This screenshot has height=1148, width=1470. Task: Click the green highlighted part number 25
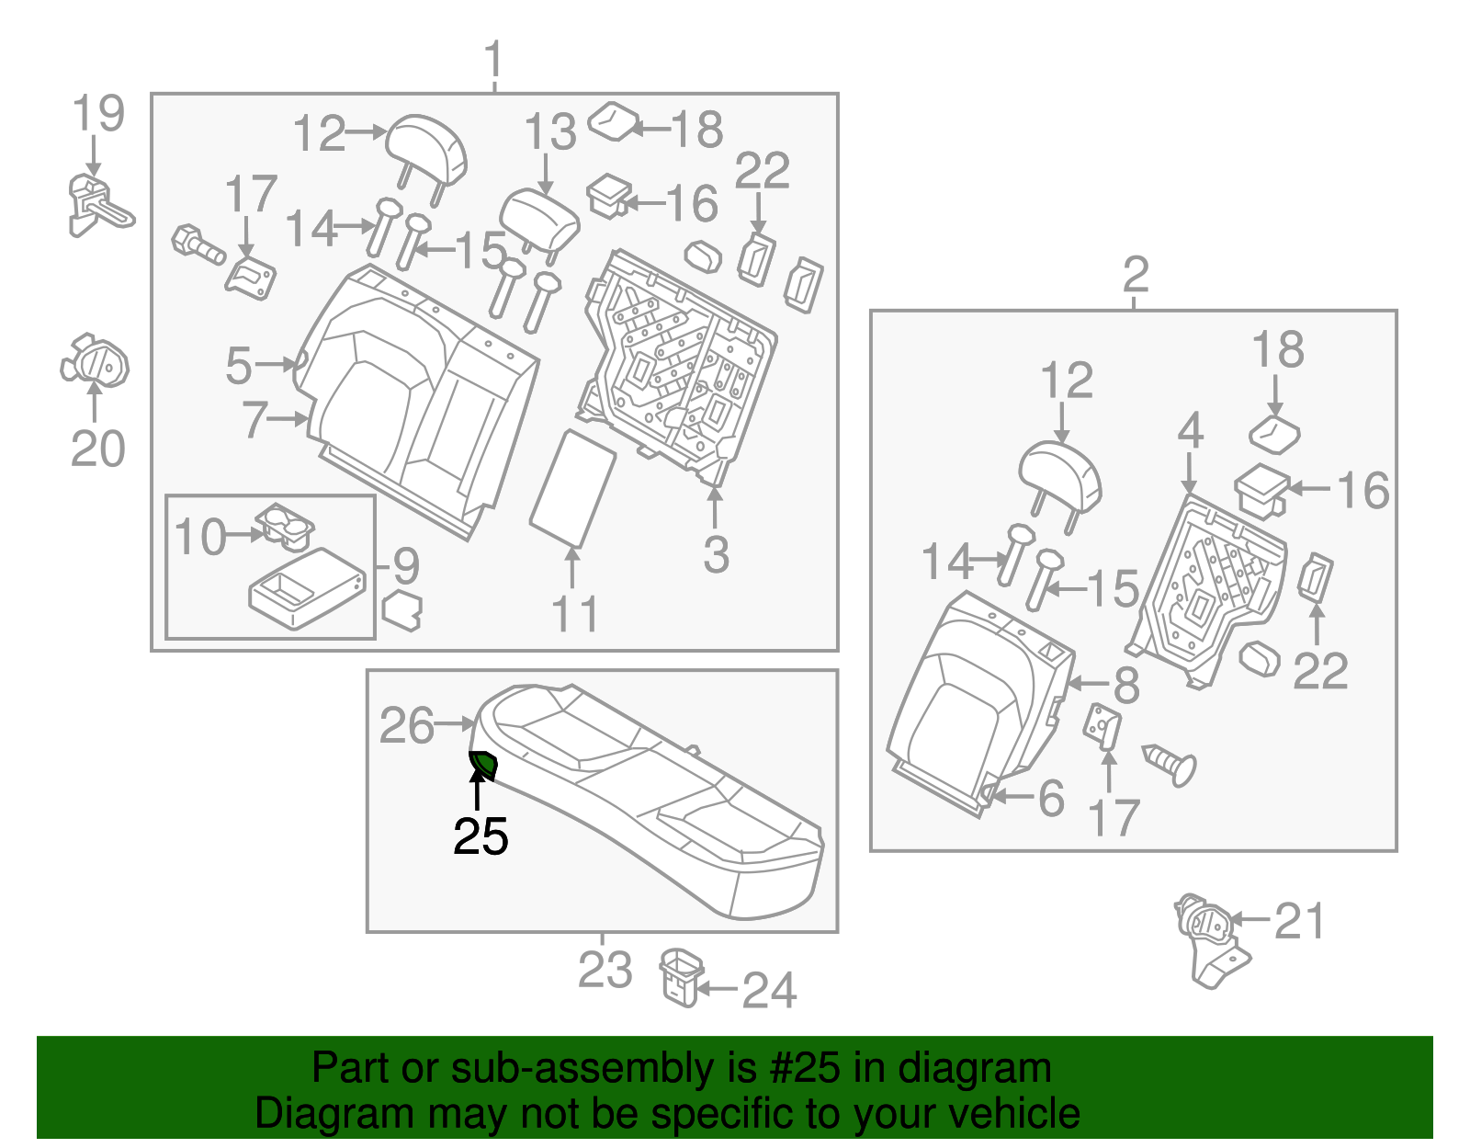(x=483, y=764)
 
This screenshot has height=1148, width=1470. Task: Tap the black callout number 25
(x=481, y=837)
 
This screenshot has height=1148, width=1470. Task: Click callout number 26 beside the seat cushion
(x=406, y=726)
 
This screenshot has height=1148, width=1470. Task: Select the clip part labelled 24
(x=681, y=977)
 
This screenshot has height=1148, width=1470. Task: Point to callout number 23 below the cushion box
(x=605, y=971)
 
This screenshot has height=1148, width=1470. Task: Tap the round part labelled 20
(x=95, y=361)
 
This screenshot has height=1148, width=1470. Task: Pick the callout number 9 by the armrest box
(x=406, y=566)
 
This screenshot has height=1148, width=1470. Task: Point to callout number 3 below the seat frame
(x=716, y=555)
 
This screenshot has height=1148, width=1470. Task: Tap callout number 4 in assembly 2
(x=1190, y=431)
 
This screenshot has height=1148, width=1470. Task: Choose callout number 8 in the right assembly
(x=1126, y=685)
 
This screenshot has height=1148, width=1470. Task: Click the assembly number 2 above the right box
(x=1136, y=275)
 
